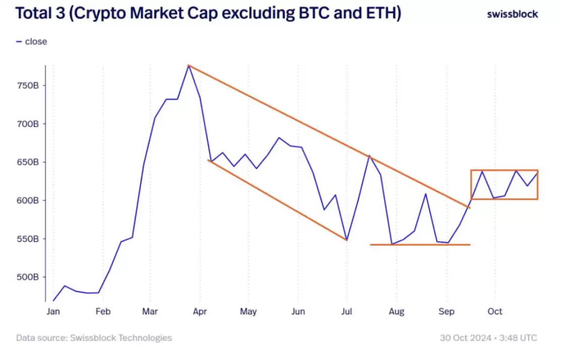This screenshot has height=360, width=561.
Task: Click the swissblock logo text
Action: click(x=512, y=14)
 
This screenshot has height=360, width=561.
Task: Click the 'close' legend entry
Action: click(x=35, y=41)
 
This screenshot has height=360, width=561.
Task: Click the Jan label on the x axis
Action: click(x=53, y=312)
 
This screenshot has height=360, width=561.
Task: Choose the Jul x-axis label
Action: click(x=347, y=312)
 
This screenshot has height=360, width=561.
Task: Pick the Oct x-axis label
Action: click(x=495, y=312)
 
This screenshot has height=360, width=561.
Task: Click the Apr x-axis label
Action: click(x=200, y=312)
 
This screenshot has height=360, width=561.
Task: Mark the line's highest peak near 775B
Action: click(x=189, y=66)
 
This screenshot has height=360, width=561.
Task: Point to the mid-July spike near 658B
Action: click(x=369, y=156)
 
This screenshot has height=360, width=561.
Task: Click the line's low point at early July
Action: click(x=347, y=239)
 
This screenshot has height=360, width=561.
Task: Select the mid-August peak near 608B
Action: click(x=425, y=194)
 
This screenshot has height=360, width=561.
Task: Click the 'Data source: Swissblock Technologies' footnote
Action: click(x=94, y=338)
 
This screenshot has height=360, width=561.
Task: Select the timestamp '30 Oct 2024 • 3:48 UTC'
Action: click(x=489, y=338)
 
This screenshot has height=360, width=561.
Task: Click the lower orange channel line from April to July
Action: click(x=277, y=200)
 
